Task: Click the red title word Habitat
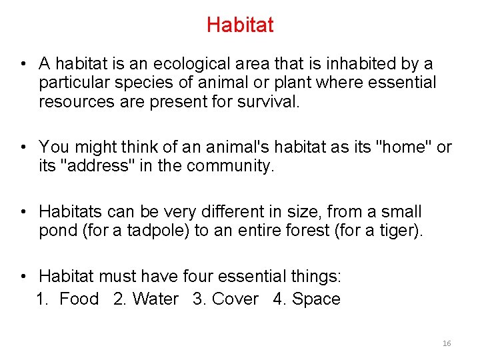tap(240, 25)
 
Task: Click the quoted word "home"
tap(400, 147)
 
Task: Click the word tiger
tap(400, 231)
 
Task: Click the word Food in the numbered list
tap(79, 299)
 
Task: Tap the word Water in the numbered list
tap(155, 299)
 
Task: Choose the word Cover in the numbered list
tap(235, 299)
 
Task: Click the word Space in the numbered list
tap(316, 299)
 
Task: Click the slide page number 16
tap(447, 343)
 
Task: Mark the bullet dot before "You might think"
tap(23, 147)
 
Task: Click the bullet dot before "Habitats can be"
tap(23, 213)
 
